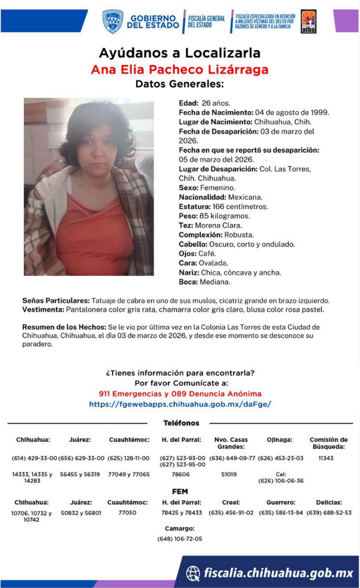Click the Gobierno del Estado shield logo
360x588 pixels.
[112, 21]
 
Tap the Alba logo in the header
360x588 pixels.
[308, 22]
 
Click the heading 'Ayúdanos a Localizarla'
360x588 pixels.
[179, 53]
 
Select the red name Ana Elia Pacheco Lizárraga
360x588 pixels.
[179, 69]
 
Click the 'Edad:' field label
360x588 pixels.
[189, 103]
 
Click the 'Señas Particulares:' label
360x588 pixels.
[56, 300]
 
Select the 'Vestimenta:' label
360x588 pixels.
[43, 309]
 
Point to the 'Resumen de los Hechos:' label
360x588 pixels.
[64, 327]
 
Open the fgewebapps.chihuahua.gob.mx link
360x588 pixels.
[179, 404]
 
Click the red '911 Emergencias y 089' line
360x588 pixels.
[179, 394]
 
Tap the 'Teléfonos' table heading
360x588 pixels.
[181, 423]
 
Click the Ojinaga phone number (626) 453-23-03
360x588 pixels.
[280, 458]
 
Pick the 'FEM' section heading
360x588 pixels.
[180, 491]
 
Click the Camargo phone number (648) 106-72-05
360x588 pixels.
[179, 539]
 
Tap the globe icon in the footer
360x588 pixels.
[193, 572]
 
